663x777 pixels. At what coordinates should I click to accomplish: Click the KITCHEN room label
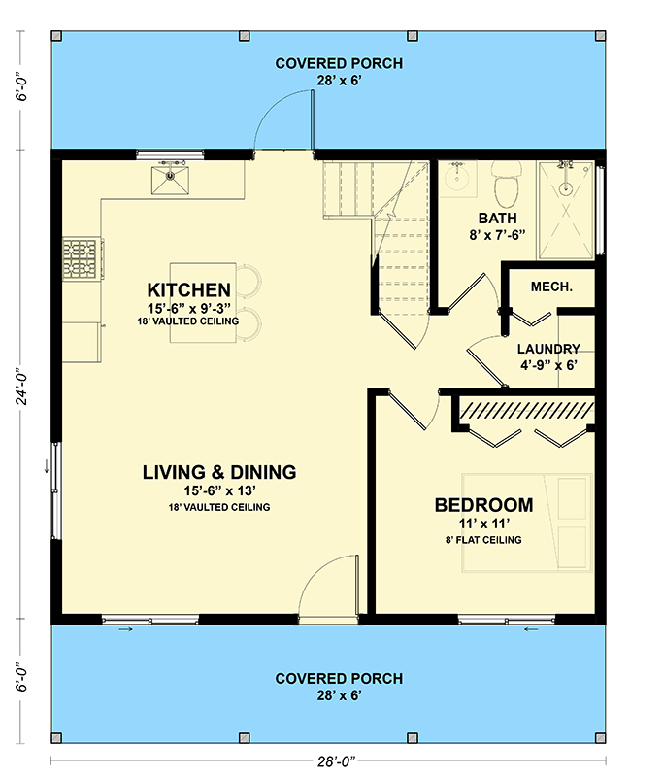click(x=189, y=289)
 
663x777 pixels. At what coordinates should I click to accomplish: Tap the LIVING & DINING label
click(x=218, y=473)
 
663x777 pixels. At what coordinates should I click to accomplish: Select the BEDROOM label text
click(x=483, y=505)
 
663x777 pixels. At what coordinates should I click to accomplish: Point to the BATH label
click(x=497, y=219)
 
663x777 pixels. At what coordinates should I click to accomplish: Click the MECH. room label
click(x=551, y=287)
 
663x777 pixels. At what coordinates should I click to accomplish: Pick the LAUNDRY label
click(x=548, y=349)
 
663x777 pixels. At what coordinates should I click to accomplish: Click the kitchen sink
click(x=169, y=177)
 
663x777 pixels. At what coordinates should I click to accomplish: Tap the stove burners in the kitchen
click(x=83, y=258)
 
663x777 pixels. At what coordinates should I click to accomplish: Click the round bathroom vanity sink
click(x=456, y=179)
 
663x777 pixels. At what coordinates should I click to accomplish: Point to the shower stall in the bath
click(x=565, y=209)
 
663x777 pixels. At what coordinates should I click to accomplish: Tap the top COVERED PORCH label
click(x=324, y=64)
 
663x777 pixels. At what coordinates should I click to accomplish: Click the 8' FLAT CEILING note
click(x=483, y=540)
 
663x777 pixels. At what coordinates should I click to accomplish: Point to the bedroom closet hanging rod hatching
click(x=524, y=409)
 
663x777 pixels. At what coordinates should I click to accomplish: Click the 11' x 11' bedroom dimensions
click(x=482, y=524)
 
